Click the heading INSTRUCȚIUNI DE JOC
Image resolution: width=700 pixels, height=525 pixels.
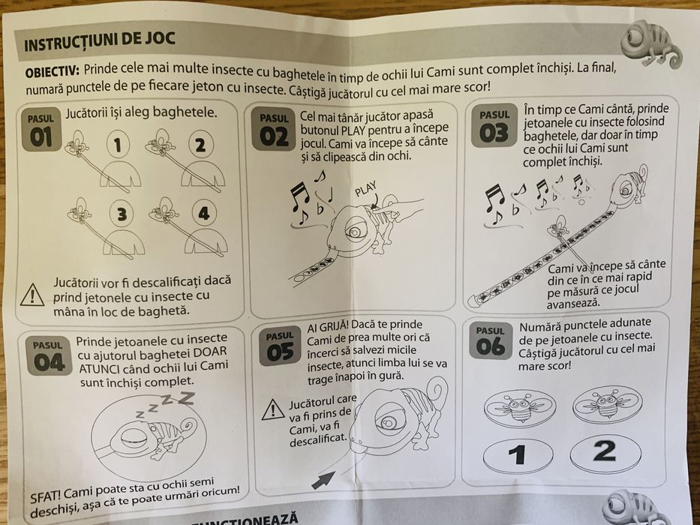click(100, 44)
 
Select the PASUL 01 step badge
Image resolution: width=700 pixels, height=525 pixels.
click(41, 129)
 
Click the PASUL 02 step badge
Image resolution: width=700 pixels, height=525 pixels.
click(275, 129)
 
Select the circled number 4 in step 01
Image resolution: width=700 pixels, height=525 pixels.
click(203, 214)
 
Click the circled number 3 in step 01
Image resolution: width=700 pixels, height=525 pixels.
click(120, 214)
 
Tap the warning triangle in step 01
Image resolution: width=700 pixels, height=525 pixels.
click(32, 294)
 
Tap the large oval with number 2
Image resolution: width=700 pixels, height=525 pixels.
click(605, 451)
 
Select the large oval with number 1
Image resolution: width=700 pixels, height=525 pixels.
click(517, 455)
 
